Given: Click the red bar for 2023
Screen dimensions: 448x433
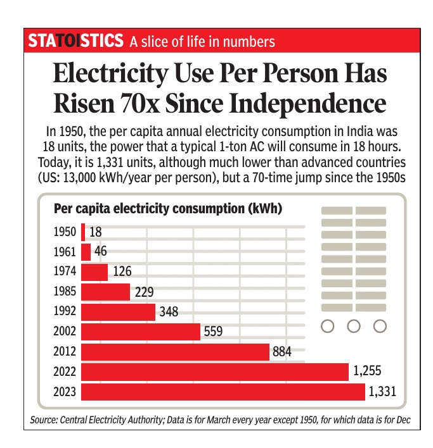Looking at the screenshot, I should pyautogui.click(x=224, y=392).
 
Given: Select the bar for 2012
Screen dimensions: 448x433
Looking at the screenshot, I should pyautogui.click(x=176, y=352).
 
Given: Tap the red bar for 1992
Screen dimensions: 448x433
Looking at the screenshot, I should pyautogui.click(x=119, y=312).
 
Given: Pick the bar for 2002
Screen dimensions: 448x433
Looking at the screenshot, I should pyautogui.click(x=141, y=332).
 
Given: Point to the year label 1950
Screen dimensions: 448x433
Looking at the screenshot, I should pyautogui.click(x=65, y=232).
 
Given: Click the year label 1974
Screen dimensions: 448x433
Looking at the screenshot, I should pyautogui.click(x=65, y=271).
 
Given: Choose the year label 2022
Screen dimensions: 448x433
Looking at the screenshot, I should pyautogui.click(x=65, y=371).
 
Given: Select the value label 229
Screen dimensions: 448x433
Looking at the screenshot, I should pyautogui.click(x=143, y=292).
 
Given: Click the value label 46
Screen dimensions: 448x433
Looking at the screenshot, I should pyautogui.click(x=100, y=252).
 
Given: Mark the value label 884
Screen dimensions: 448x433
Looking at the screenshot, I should pyautogui.click(x=282, y=352).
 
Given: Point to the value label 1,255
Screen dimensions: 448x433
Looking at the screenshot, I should pyautogui.click(x=368, y=371).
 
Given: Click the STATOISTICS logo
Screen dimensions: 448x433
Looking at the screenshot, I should pyautogui.click(x=75, y=41).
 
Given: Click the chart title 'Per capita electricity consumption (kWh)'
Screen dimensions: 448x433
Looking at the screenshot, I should pyautogui.click(x=168, y=208).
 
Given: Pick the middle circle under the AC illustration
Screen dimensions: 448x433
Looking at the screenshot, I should pyautogui.click(x=354, y=327).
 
